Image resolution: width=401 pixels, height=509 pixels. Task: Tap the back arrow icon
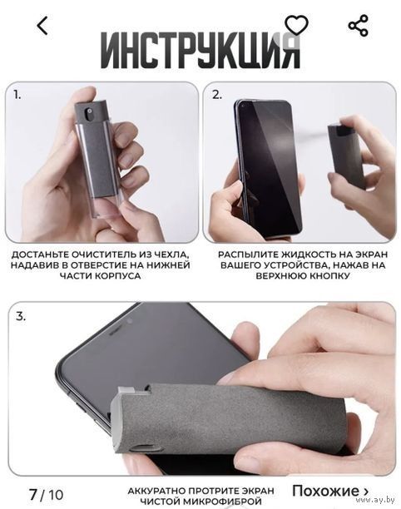click(x=42, y=26)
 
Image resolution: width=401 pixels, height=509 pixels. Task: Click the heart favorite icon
click(x=296, y=25)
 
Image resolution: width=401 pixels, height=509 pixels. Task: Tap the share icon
click(x=358, y=25)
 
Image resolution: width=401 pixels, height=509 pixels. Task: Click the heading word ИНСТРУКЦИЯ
click(x=200, y=50)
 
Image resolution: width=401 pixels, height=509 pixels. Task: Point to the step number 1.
click(x=17, y=95)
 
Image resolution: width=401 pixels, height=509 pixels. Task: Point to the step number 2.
click(x=217, y=95)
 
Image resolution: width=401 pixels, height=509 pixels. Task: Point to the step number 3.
click(x=21, y=316)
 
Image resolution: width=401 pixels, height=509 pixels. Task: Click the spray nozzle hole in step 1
click(x=88, y=113)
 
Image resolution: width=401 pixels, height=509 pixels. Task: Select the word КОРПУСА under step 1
click(x=118, y=276)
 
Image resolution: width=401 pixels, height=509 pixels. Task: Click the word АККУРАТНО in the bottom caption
click(x=157, y=491)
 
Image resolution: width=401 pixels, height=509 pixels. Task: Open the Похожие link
click(x=330, y=491)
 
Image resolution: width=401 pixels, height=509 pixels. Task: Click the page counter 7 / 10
click(x=46, y=495)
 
